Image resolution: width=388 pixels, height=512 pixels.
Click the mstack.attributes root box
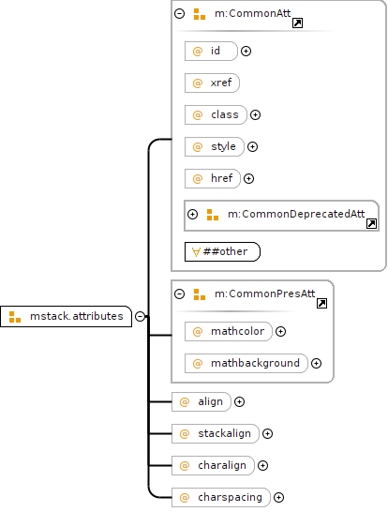66,316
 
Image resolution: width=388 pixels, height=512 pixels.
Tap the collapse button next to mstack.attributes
140,316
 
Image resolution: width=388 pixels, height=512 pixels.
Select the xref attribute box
212,83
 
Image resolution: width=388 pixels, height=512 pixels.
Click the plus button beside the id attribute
246,52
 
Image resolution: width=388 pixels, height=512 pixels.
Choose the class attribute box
216,115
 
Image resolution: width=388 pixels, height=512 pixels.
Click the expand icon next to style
252,147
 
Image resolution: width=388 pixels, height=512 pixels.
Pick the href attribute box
213,178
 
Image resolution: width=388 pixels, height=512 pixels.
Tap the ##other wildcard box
222,251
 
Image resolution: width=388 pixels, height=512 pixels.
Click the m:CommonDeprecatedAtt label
296,214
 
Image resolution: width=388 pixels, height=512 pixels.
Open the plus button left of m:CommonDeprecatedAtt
192,214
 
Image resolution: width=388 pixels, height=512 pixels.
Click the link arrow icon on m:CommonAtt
297,23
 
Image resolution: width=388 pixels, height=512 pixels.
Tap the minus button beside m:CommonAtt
180,13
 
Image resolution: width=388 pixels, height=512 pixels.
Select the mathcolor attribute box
229,332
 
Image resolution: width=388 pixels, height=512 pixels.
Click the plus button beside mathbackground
316,364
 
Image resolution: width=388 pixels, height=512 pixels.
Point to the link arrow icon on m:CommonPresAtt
321,303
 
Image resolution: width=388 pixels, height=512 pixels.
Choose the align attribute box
201,401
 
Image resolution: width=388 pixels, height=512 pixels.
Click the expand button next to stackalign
267,433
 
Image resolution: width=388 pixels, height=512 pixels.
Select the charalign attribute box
213,466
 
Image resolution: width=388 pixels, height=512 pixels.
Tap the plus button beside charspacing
278,497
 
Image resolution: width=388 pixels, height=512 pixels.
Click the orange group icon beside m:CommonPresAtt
200,294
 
